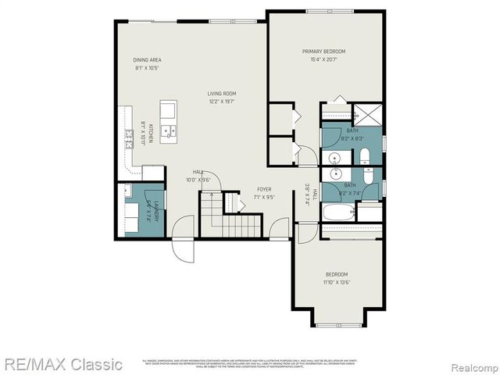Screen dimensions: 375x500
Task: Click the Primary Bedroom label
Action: (323, 52)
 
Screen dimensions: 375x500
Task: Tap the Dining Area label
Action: (147, 59)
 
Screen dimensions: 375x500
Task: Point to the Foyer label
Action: (263, 189)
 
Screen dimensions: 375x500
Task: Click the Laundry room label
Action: (156, 211)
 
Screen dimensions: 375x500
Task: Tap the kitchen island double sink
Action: (169, 131)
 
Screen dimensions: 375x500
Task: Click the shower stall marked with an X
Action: (366, 116)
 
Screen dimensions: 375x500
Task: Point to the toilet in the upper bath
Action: (365, 154)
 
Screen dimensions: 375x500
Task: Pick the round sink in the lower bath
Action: (335, 173)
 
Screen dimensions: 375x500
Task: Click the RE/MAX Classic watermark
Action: (62, 363)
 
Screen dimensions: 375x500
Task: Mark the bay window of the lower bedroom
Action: (337, 323)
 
